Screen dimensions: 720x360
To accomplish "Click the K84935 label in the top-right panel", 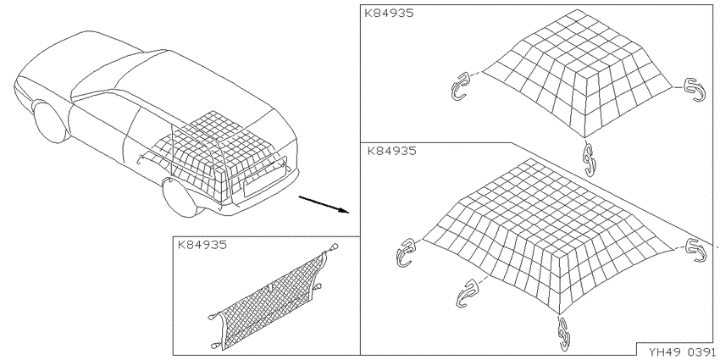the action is tap(389, 13).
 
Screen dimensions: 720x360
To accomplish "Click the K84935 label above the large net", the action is tap(390, 151).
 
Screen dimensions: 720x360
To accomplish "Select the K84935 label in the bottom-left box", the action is tap(202, 245).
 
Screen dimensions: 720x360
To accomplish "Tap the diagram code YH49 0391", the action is tap(682, 352).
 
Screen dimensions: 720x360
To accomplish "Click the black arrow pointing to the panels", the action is tap(324, 204).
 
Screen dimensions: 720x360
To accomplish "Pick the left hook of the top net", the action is tap(460, 86).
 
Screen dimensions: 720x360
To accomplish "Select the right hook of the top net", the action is tap(695, 90).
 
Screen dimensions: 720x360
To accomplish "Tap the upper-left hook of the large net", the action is tap(405, 252).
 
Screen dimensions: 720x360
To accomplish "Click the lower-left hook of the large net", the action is tap(467, 294).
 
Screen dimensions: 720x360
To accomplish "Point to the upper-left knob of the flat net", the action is tap(212, 317).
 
